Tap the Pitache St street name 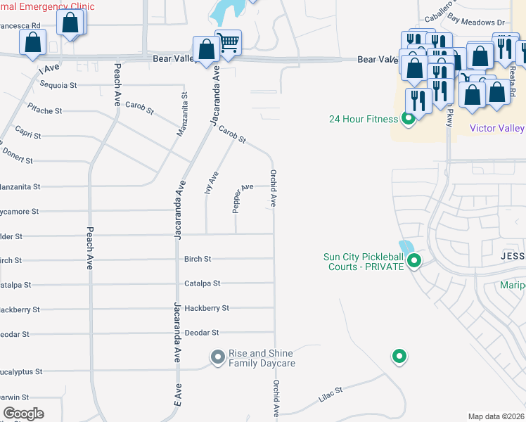coord(44,110)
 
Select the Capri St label coord(27,135)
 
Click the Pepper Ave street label coord(243,198)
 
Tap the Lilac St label coord(329,394)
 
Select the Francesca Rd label coord(20,25)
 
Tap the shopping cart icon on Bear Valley coord(228,44)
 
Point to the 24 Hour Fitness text coord(363,119)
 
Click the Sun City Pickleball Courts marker coord(414,262)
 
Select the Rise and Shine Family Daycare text coord(262,359)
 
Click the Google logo coord(23,414)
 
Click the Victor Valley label coord(496,128)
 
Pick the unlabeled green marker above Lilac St coord(399,357)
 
